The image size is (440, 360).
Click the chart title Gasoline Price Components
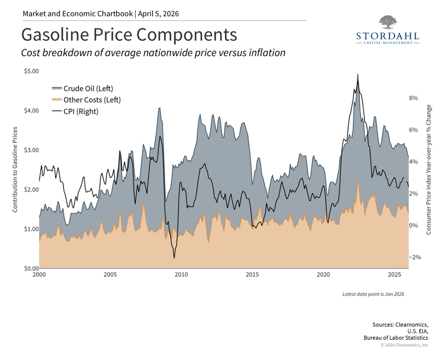(129, 35)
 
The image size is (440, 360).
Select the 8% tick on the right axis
(414, 98)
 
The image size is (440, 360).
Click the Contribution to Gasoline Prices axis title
(15, 169)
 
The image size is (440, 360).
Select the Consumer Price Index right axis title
(428, 169)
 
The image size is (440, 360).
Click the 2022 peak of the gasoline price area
(358, 75)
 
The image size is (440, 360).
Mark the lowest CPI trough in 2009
(174, 258)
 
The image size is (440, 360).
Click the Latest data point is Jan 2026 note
(373, 294)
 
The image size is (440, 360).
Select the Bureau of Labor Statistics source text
(396, 338)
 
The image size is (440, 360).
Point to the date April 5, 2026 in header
(158, 14)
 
